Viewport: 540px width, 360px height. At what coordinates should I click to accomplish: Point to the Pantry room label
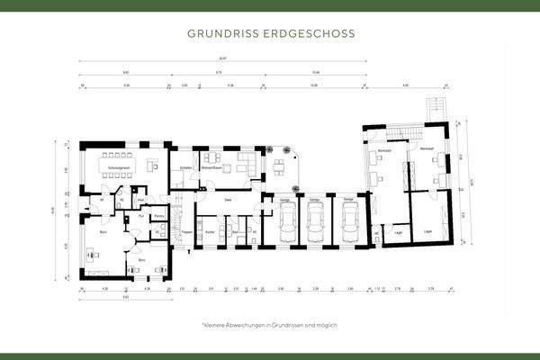coord(158,216)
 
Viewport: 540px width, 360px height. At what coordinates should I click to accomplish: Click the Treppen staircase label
coord(187,232)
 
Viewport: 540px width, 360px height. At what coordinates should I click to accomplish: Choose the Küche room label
coord(210,232)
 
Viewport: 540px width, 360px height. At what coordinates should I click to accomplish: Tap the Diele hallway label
coord(229,200)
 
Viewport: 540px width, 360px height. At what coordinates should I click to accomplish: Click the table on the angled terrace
coord(279,166)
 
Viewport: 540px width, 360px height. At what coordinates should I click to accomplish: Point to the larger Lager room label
coord(427,232)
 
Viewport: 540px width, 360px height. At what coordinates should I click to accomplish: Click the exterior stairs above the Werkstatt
coord(440,107)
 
